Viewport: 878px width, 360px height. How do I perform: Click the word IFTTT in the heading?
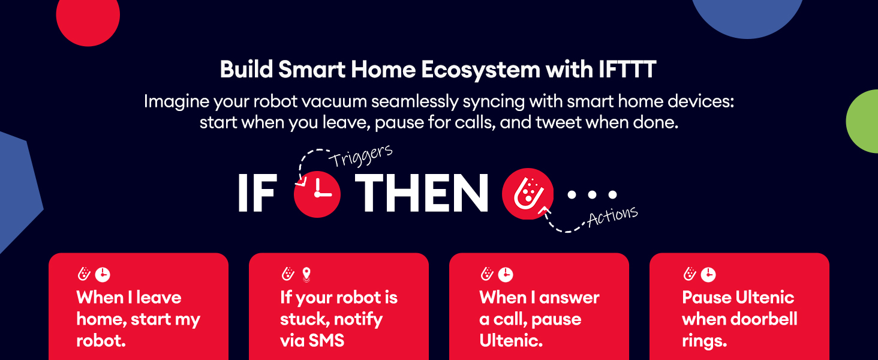pyautogui.click(x=627, y=70)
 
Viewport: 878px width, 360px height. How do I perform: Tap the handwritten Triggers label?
pyautogui.click(x=360, y=155)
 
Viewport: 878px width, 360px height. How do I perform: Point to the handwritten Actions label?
pyautogui.click(x=613, y=216)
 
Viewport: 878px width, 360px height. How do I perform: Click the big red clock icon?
pyautogui.click(x=317, y=194)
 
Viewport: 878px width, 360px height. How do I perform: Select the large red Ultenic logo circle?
pyautogui.click(x=528, y=194)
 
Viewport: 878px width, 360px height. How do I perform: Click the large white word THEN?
pyautogui.click(x=422, y=193)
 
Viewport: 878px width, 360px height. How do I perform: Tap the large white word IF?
pyautogui.click(x=257, y=193)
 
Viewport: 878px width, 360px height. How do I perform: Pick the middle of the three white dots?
pyautogui.click(x=593, y=194)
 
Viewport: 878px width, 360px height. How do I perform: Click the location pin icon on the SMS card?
pyautogui.click(x=306, y=275)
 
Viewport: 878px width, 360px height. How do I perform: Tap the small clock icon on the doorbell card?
pyautogui.click(x=708, y=275)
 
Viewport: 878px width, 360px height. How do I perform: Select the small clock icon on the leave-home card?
pyautogui.click(x=103, y=275)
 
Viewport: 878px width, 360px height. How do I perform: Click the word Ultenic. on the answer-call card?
pyautogui.click(x=511, y=340)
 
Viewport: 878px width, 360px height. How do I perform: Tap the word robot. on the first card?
pyautogui.click(x=101, y=340)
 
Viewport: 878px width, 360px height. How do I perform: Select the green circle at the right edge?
pyautogui.click(x=863, y=121)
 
